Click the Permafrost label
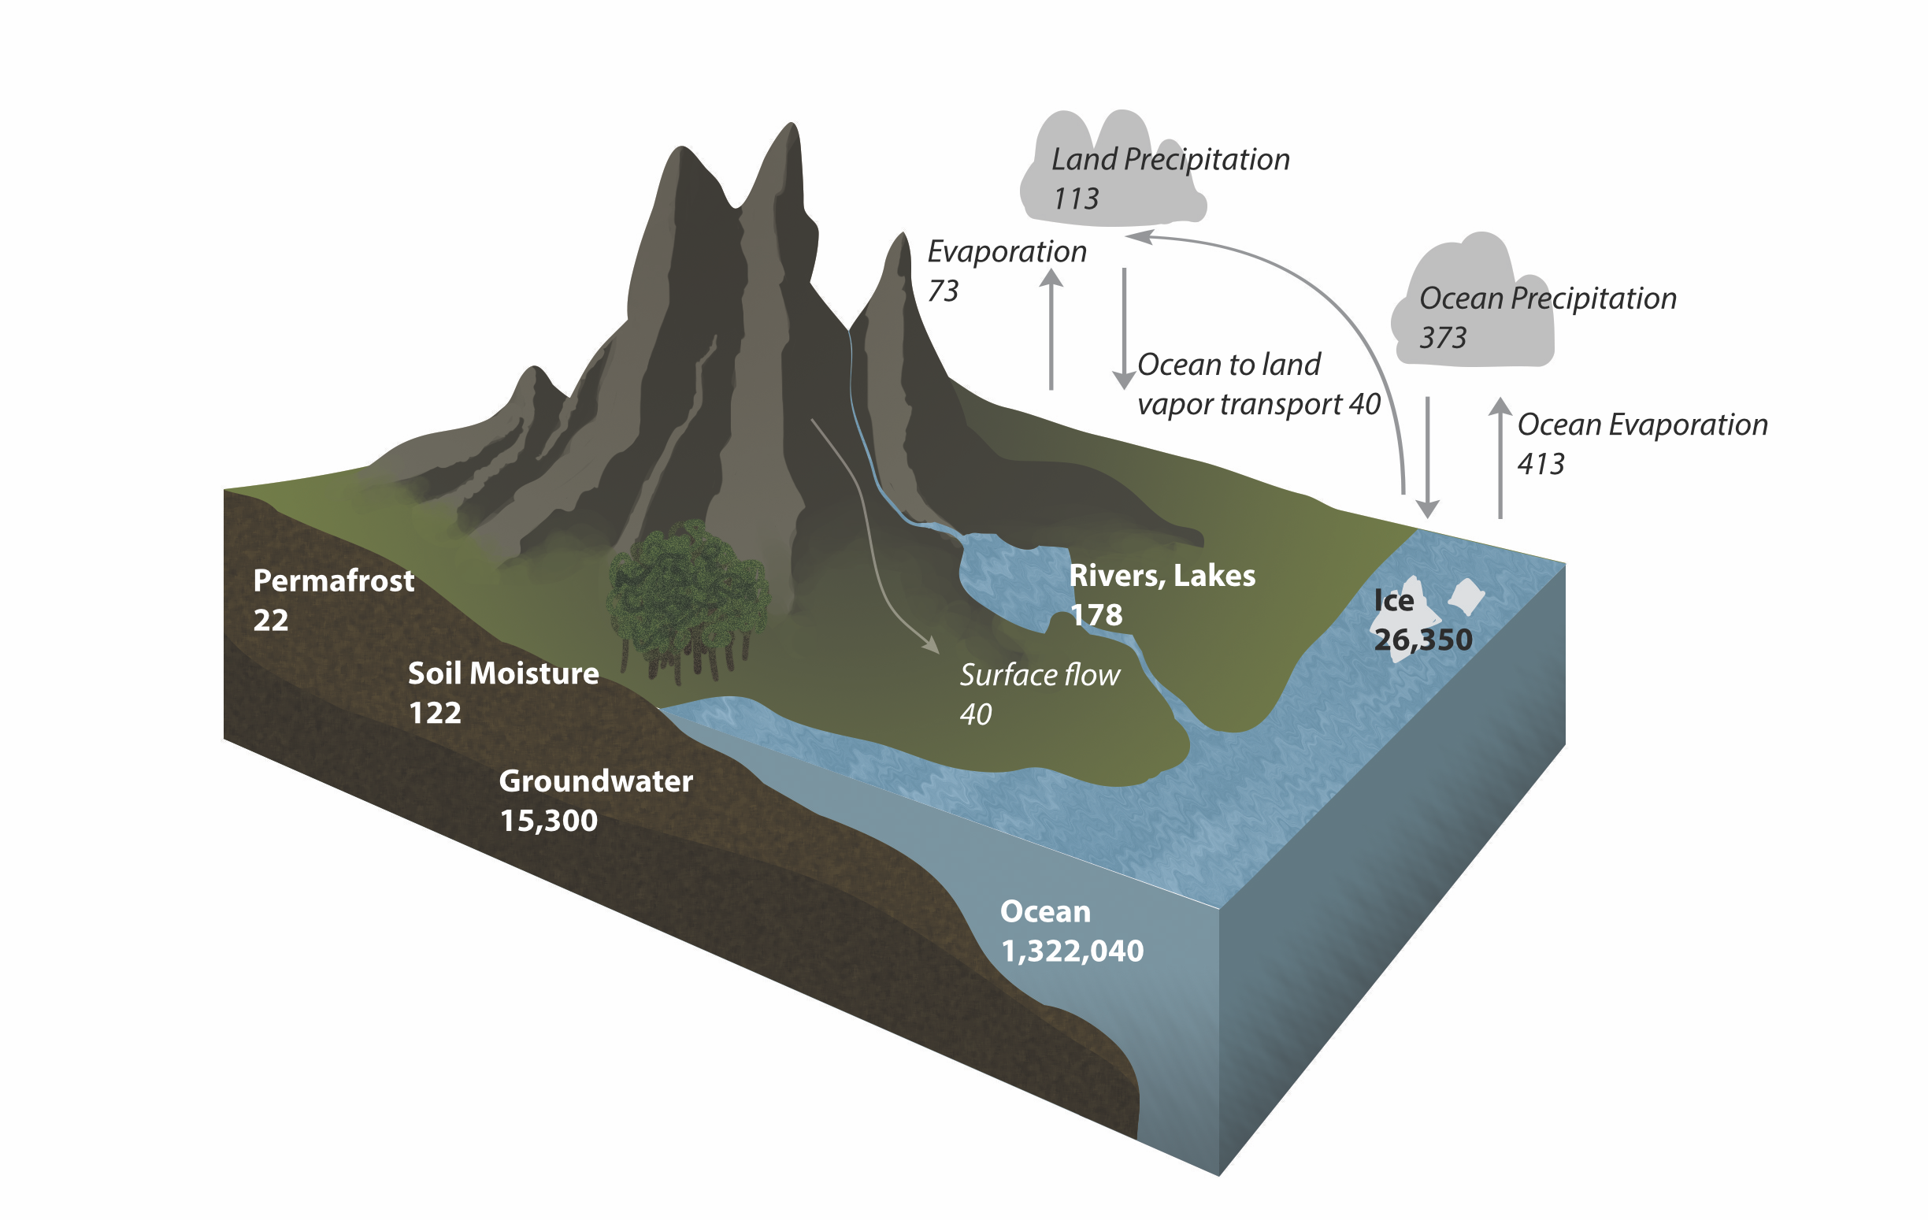[x=333, y=580]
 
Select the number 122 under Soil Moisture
[x=435, y=713]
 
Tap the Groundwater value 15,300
[x=548, y=821]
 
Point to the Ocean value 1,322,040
[x=1072, y=951]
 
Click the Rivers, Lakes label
[x=1162, y=576]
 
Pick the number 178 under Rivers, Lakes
[x=1096, y=615]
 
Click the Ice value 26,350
[x=1423, y=640]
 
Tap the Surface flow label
[x=1040, y=675]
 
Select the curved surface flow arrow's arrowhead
[x=930, y=644]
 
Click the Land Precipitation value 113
[x=1075, y=198]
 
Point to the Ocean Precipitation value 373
[x=1443, y=338]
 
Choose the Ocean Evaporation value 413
[x=1541, y=463]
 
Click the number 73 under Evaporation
[x=943, y=291]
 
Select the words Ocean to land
[x=1228, y=364]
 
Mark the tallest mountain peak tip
[x=791, y=126]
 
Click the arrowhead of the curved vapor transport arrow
[x=1137, y=236]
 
